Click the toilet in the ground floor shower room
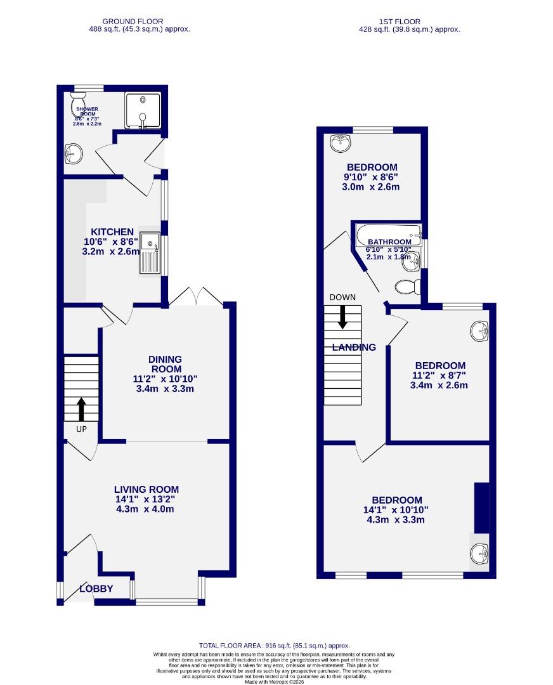point(79,101)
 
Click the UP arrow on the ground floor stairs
point(81,409)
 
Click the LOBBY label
point(96,589)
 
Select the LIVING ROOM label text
point(146,489)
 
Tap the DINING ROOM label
point(166,363)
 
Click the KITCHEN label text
point(112,232)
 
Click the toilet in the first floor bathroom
point(408,287)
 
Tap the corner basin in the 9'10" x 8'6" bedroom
point(341,143)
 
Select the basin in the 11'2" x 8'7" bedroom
point(479,331)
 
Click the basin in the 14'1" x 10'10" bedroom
point(479,555)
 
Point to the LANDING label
point(355,347)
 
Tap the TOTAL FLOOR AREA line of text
point(274,645)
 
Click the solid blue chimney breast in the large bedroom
point(482,507)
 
